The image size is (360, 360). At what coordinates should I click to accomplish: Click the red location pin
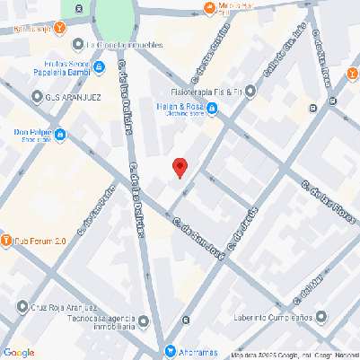[x=180, y=167]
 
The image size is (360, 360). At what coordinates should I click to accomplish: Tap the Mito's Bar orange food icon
[x=208, y=8]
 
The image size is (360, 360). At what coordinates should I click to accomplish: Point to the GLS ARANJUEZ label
[x=68, y=97]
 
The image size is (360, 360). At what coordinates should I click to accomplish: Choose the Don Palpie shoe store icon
[x=60, y=136]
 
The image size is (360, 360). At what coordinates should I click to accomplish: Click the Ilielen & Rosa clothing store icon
[x=225, y=109]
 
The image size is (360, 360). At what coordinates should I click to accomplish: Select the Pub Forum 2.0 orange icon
[x=6, y=241]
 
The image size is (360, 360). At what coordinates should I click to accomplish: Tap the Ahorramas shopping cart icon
[x=170, y=349]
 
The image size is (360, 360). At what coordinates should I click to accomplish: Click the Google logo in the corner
[x=18, y=352]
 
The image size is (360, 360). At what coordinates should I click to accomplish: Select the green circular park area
[x=114, y=16]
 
